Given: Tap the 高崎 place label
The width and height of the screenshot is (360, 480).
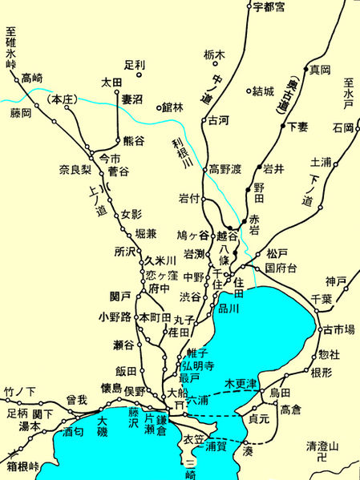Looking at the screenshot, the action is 33,78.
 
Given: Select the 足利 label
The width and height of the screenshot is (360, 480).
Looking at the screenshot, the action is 136,64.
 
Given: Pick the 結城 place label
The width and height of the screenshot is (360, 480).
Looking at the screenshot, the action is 265,91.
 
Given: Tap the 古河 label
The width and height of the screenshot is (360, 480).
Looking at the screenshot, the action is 219,121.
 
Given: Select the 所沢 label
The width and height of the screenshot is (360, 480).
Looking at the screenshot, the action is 126,250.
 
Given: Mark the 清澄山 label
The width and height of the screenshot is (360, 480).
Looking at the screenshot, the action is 323,446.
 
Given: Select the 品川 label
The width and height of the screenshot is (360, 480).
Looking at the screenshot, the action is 229,309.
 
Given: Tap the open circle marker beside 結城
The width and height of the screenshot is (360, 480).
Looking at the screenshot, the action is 249,91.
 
